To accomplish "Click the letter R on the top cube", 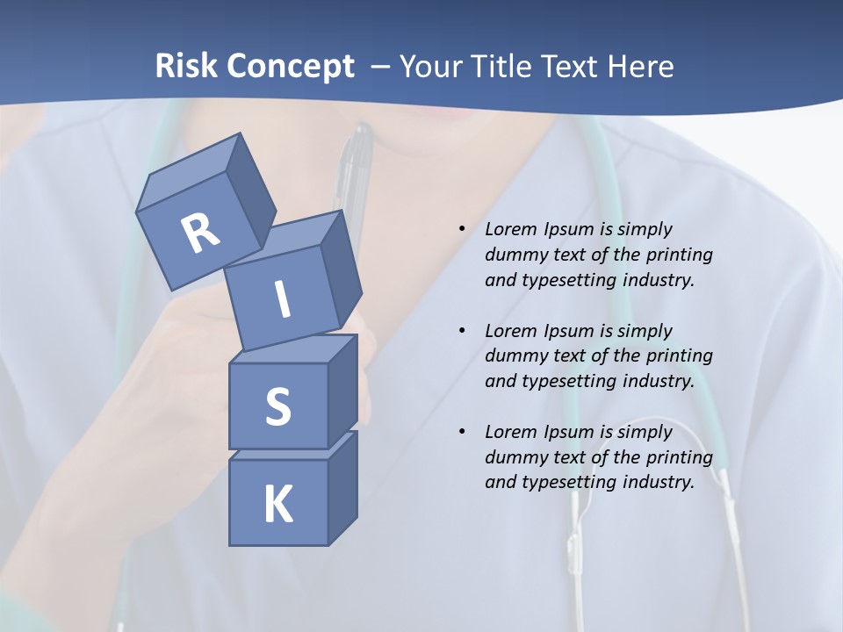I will (x=200, y=233).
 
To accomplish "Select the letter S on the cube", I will (x=277, y=406).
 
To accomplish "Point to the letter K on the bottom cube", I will (x=277, y=505).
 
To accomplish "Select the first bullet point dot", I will (x=462, y=229).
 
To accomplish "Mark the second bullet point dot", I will (x=462, y=331).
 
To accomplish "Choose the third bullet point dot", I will (x=462, y=432).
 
